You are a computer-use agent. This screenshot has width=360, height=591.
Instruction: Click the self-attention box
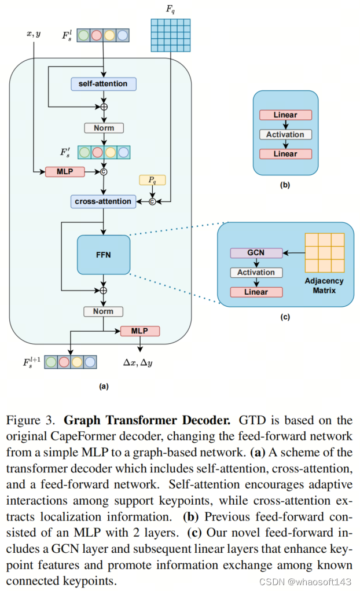point(103,84)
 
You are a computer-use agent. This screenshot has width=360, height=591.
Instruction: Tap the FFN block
point(103,254)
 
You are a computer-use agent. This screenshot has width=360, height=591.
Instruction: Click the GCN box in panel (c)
point(256,253)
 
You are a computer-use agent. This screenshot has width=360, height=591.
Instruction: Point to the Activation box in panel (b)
point(285,134)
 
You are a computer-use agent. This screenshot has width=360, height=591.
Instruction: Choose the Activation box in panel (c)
point(256,272)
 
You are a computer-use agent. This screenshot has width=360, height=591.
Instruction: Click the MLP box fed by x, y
point(65,171)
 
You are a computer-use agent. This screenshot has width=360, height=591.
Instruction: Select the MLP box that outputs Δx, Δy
point(139,331)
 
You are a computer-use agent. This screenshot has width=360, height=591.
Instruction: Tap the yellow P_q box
point(152,180)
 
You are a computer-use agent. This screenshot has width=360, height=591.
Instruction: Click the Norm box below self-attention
point(104,128)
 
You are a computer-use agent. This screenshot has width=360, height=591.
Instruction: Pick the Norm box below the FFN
point(103,311)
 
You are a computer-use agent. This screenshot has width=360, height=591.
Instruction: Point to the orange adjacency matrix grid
point(324,253)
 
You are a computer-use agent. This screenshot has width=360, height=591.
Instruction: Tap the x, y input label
point(33,34)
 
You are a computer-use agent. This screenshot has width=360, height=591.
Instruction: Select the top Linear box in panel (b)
point(285,115)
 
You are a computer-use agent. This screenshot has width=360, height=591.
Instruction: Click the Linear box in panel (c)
point(256,292)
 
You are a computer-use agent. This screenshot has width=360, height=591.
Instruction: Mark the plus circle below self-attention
point(104,107)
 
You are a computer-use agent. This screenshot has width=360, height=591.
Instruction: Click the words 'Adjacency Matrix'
point(324,285)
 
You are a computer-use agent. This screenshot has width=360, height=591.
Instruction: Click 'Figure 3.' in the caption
point(30,419)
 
